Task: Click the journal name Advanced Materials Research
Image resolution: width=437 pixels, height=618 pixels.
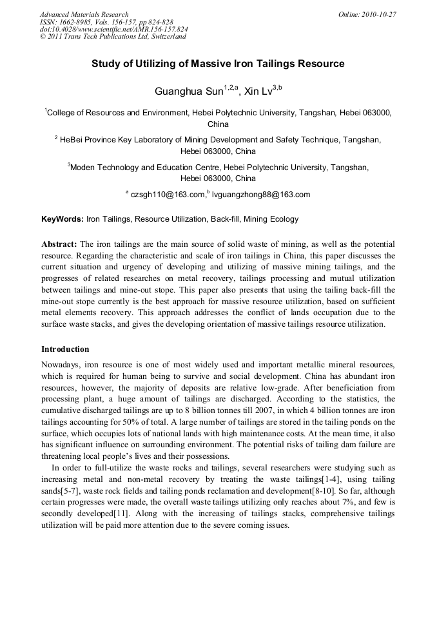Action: click(x=84, y=14)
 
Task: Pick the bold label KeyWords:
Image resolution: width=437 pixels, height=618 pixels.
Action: click(x=63, y=219)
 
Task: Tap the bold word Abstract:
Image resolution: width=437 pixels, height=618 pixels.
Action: click(x=59, y=244)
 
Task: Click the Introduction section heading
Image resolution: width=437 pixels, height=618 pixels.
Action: click(x=65, y=349)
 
